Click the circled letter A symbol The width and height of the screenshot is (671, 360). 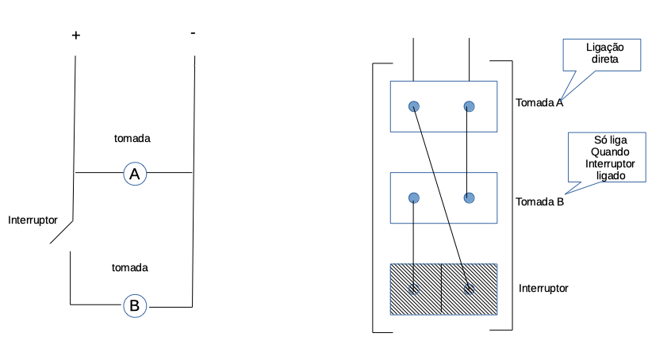coord(135,174)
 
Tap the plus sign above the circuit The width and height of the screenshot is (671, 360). coord(76,36)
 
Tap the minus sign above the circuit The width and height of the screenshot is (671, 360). coord(194,33)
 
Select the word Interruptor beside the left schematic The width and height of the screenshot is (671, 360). coord(33,219)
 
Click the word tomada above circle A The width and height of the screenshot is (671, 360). coord(132,138)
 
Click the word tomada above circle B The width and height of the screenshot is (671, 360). coord(131,267)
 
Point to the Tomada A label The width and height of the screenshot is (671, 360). coord(539,102)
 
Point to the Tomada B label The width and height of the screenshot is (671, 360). coord(539,201)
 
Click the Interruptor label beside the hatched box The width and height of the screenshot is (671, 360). coord(543,288)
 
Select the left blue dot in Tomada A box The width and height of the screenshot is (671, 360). coord(414,106)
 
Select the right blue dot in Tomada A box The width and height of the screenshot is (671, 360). coord(469,106)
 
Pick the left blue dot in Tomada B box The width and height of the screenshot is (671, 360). coord(414,198)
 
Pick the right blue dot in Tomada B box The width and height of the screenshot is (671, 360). coord(469,198)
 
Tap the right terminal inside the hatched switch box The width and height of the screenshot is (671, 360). coord(469,289)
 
